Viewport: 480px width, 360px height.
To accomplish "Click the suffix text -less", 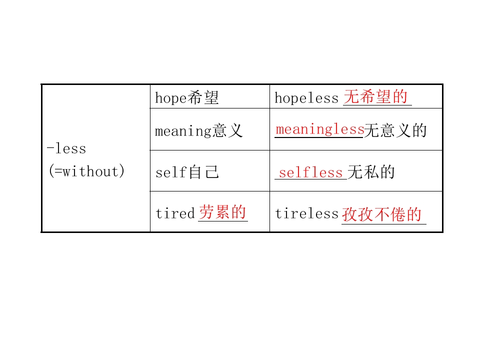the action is [66, 149].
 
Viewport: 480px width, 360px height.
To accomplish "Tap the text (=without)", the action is [86, 171].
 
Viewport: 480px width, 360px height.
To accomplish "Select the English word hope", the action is [170, 98].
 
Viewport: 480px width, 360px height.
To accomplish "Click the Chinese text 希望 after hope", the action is [202, 97].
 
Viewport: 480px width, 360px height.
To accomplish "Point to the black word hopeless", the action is [306, 98].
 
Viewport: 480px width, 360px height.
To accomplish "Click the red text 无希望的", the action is [375, 96].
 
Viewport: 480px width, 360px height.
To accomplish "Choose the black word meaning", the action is [183, 131].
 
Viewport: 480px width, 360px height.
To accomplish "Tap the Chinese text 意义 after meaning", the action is [227, 130].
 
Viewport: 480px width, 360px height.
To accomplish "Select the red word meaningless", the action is [320, 129].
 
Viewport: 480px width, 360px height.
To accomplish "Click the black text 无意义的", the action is [395, 130].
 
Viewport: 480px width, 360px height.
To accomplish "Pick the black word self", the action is [171, 172].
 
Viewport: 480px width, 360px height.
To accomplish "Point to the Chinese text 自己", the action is [203, 172].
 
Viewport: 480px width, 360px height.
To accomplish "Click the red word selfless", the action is [310, 172].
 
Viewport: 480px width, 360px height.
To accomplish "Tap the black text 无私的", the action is [371, 172].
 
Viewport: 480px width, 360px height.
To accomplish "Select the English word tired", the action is [175, 213].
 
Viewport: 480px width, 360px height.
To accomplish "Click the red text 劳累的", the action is [222, 212].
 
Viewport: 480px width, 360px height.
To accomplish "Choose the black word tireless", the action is [306, 213].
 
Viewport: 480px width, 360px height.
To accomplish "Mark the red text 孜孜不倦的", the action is [382, 214].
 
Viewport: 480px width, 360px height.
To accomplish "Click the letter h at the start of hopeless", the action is [278, 98].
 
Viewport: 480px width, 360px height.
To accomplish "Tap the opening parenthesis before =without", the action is [51, 171].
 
